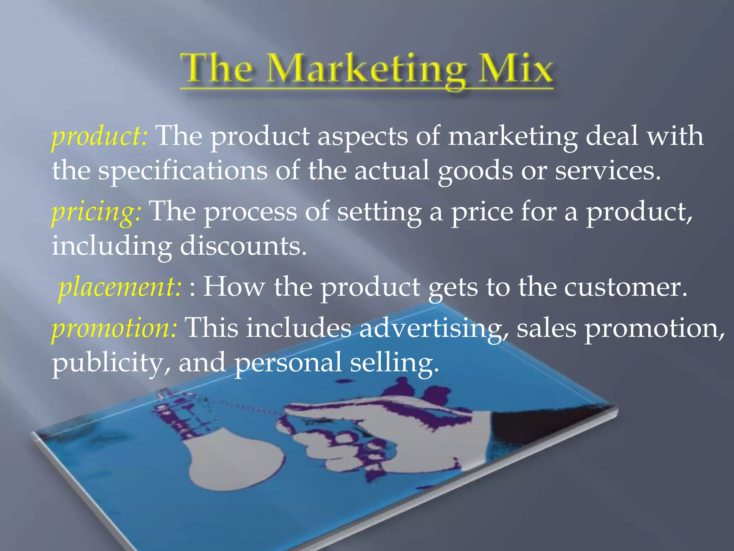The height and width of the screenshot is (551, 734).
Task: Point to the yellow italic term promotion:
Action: [114, 328]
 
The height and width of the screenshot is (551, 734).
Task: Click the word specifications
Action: [183, 171]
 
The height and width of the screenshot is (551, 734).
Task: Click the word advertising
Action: [434, 328]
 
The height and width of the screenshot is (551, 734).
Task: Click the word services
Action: [607, 171]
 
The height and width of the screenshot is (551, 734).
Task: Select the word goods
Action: [475, 171]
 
